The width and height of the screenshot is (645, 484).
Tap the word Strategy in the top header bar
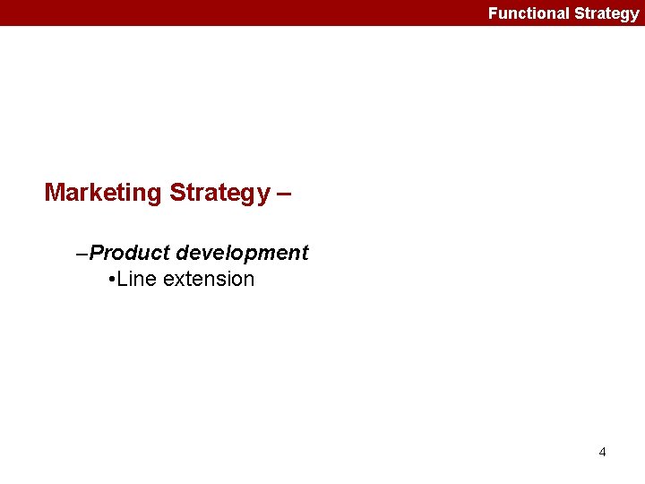click(606, 13)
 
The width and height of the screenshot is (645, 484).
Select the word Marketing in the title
click(103, 193)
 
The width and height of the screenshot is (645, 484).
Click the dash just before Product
click(83, 254)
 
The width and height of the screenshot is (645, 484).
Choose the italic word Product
click(130, 253)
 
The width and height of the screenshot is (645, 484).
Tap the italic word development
click(242, 254)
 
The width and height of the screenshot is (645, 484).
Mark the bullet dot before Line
click(109, 280)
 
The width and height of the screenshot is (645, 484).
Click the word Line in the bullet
click(136, 279)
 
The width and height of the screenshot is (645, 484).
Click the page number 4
click(602, 452)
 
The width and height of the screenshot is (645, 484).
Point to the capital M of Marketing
click(55, 193)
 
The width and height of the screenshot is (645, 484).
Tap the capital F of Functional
click(493, 13)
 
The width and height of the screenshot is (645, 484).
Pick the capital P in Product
click(96, 253)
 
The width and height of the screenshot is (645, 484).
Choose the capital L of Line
click(123, 279)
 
